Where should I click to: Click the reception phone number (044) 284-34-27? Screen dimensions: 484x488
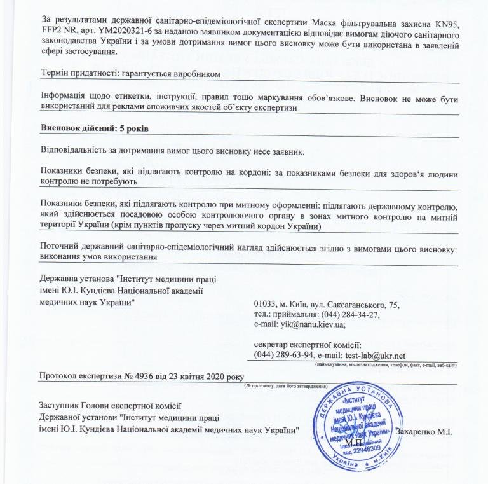(348, 315)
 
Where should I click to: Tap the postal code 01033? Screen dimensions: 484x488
(266, 305)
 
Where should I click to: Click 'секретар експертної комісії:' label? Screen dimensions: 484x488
(307, 345)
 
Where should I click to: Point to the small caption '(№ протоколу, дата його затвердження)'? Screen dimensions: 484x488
(285, 386)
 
